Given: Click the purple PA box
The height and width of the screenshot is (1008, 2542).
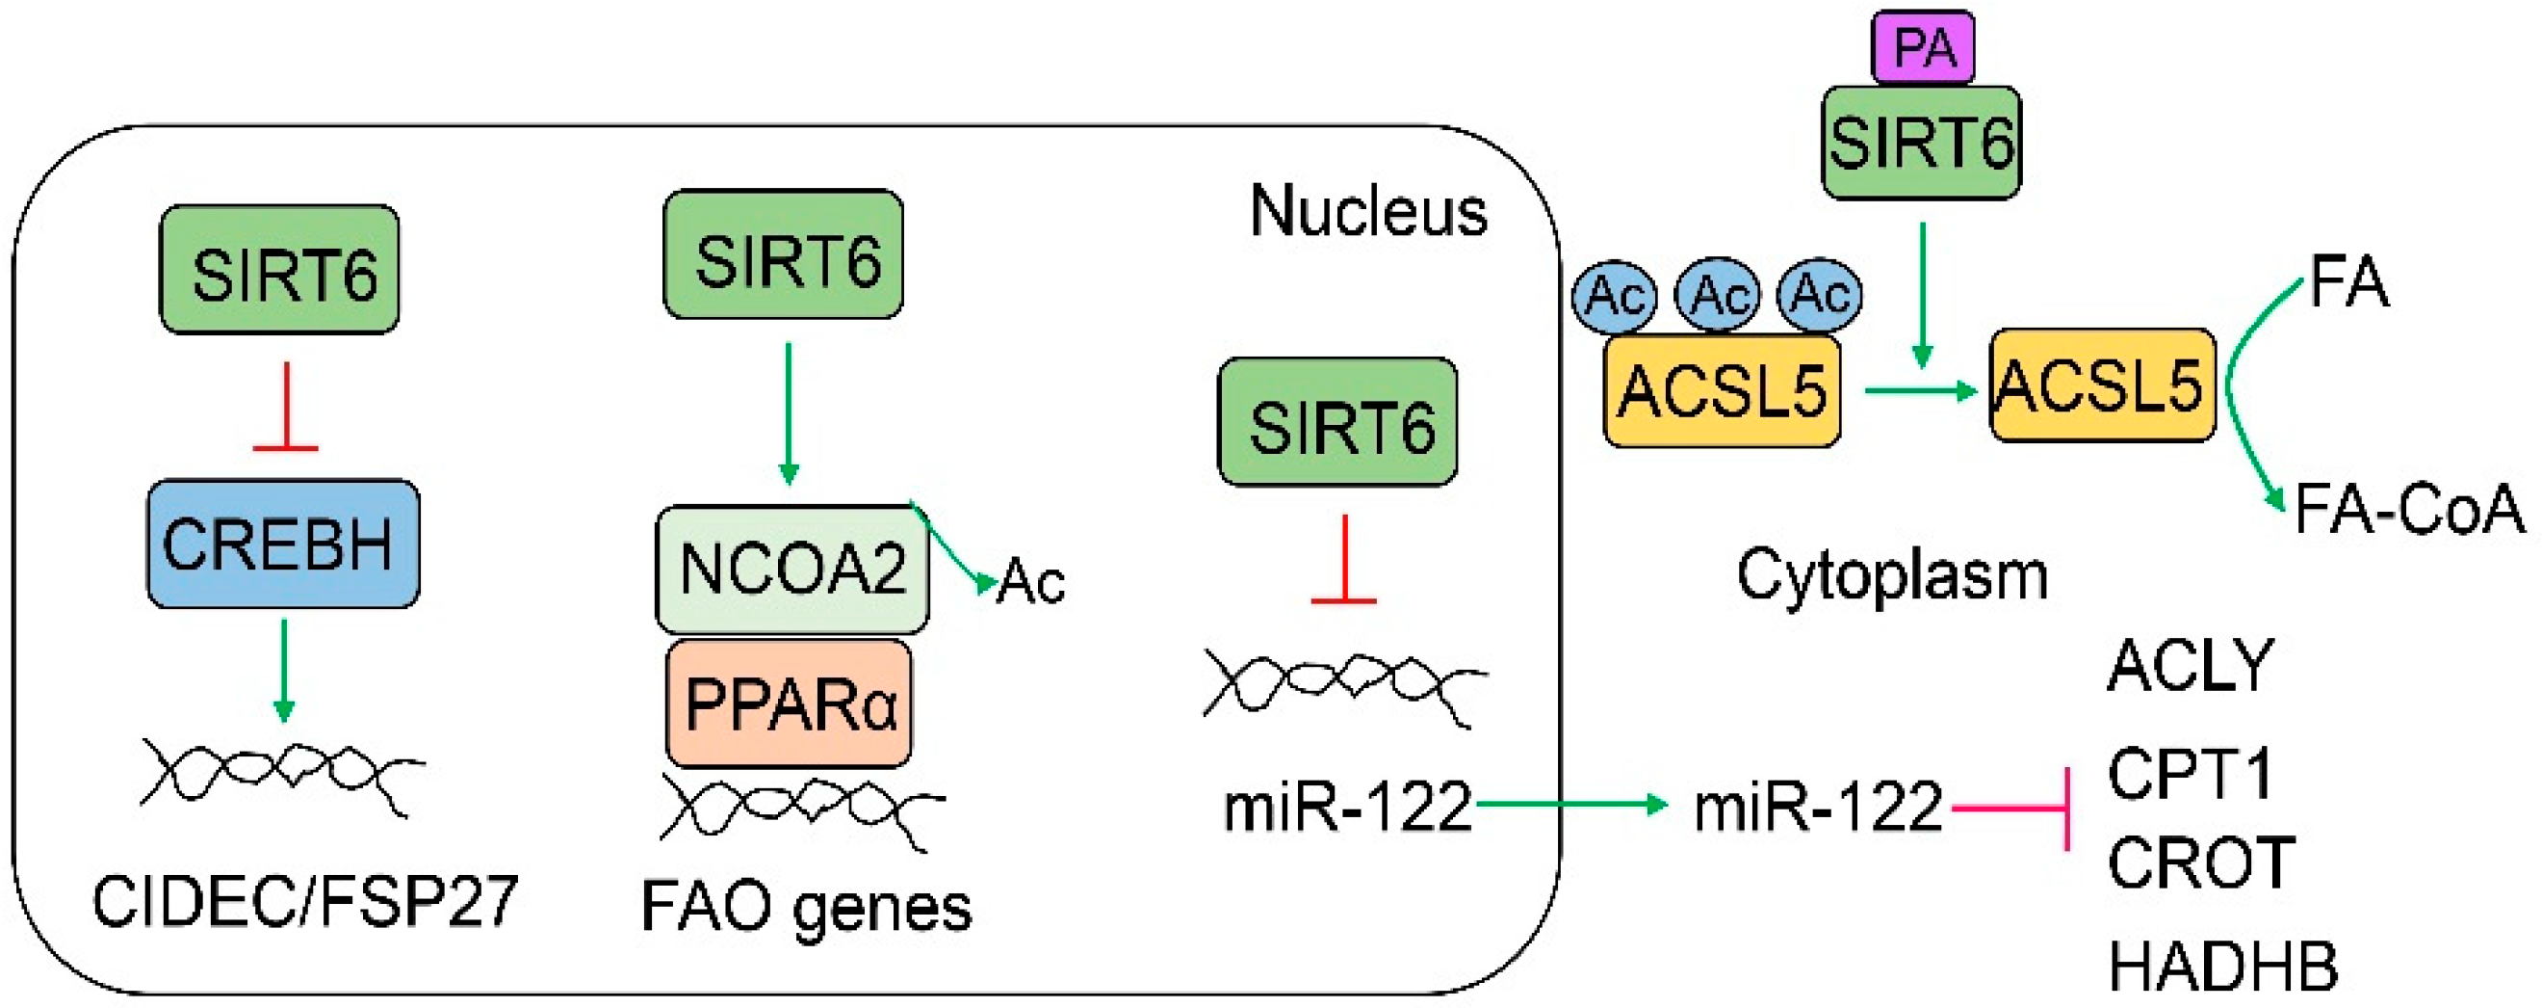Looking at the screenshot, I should click(x=1923, y=47).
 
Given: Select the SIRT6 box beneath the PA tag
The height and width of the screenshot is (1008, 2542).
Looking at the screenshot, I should click(x=1920, y=144).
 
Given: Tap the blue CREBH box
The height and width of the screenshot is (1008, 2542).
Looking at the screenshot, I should click(x=282, y=544).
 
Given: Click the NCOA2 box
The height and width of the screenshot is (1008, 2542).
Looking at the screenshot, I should click(x=791, y=570).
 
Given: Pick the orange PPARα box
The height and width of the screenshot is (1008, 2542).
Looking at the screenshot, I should click(x=789, y=703).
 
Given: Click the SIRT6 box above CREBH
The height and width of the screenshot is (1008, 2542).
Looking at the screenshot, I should click(x=280, y=270).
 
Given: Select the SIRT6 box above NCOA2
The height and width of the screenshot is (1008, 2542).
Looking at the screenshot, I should click(x=784, y=255).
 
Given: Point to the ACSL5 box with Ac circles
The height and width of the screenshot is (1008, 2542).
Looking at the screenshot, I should click(x=1722, y=391).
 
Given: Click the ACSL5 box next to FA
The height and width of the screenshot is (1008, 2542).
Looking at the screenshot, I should click(x=2102, y=385).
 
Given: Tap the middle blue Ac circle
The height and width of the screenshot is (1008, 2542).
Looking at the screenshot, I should click(x=1718, y=294).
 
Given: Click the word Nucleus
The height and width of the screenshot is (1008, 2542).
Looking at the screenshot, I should click(x=1367, y=211).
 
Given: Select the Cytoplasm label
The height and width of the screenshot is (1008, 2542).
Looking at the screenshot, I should click(x=1892, y=574).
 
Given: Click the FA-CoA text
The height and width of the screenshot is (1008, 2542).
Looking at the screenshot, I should click(x=2409, y=510).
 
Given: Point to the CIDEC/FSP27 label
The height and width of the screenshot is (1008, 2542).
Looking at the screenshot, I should click(x=305, y=900).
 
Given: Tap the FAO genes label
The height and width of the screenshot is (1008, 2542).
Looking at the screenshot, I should click(x=805, y=906).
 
